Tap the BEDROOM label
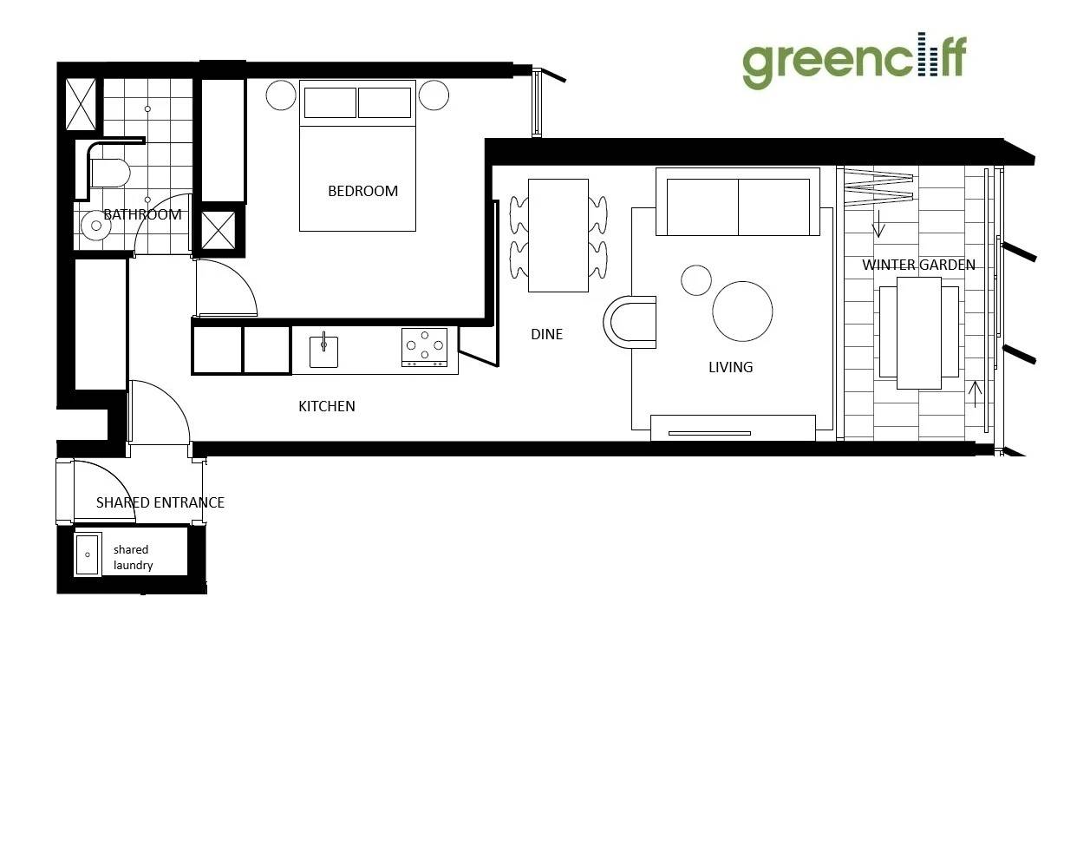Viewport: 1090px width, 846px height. [362, 191]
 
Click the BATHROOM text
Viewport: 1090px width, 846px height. [142, 215]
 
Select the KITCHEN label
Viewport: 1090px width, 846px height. [327, 406]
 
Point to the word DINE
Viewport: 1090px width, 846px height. [547, 334]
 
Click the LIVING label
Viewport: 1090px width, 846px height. [730, 367]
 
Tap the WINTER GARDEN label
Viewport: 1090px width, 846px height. [918, 265]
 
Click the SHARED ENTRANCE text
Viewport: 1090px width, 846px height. [160, 502]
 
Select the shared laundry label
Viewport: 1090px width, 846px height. [133, 557]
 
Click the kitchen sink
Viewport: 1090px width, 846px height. [323, 351]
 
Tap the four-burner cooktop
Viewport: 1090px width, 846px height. [424, 347]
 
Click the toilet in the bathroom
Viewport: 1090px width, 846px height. [110, 174]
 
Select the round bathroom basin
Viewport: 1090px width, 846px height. [95, 226]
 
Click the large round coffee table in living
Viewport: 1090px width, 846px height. [742, 312]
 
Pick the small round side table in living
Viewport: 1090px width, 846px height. [696, 280]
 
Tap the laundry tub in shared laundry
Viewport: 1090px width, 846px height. [88, 554]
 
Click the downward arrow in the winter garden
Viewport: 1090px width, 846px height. [878, 224]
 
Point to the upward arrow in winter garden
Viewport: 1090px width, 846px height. [975, 394]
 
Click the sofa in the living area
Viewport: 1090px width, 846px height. [738, 201]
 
